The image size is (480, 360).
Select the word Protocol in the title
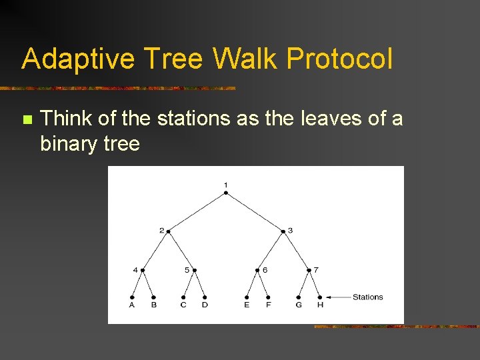(339, 60)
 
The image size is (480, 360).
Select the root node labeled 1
(226, 193)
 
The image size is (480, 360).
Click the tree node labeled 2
(168, 231)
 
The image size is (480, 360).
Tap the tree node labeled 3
(283, 231)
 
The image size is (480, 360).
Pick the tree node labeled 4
(143, 270)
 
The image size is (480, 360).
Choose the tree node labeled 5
(194, 270)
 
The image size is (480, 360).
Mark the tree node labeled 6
(257, 270)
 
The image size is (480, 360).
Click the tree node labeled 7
(309, 270)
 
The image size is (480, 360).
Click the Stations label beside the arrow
(367, 297)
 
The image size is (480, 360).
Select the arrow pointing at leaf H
(337, 297)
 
